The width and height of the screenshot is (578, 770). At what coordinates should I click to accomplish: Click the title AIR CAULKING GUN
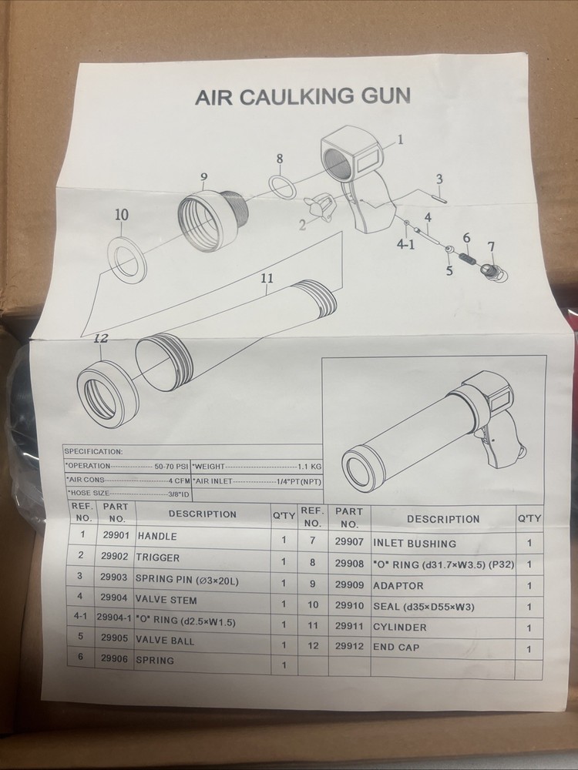[302, 96]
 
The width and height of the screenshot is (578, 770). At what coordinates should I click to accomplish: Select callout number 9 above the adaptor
[203, 178]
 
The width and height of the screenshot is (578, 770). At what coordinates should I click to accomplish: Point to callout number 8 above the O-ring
[279, 159]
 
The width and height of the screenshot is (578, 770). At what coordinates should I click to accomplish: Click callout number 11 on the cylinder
[267, 279]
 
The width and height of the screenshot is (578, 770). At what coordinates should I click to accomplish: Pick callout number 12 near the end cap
[101, 338]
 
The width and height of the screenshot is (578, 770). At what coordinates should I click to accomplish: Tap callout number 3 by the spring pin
[439, 179]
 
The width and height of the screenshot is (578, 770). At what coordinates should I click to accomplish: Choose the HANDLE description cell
[157, 536]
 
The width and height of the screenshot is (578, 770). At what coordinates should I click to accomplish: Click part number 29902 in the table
[114, 557]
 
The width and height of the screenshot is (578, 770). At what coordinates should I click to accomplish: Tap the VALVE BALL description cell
[166, 640]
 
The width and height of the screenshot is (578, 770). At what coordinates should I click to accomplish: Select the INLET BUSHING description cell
[415, 544]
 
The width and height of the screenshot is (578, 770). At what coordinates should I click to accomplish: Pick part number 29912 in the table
[350, 648]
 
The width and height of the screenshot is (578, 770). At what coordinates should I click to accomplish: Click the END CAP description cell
[396, 648]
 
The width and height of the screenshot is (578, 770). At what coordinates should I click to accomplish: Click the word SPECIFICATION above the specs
[93, 452]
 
